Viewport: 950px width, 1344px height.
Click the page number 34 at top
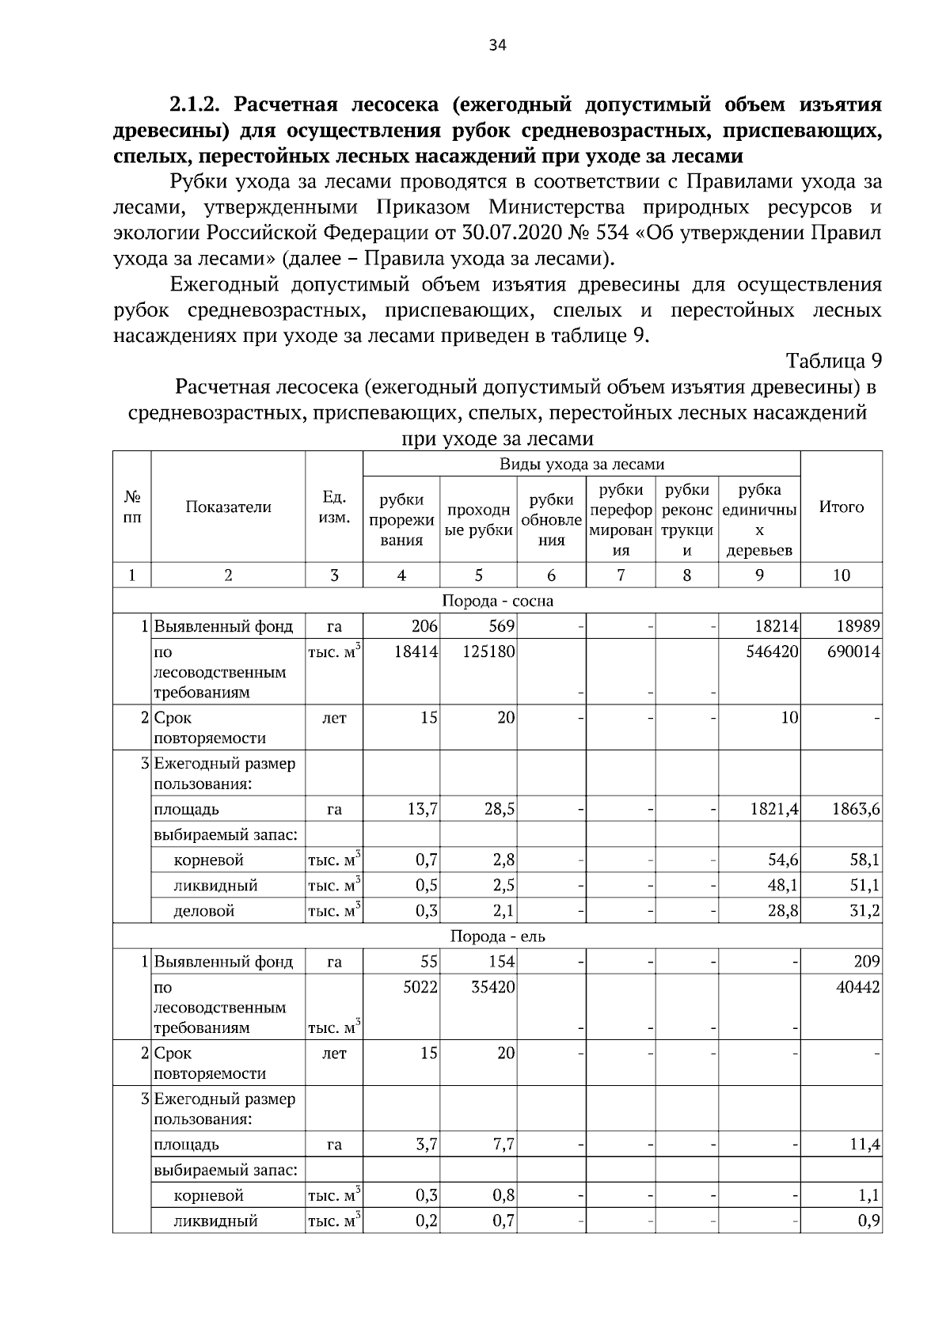click(497, 45)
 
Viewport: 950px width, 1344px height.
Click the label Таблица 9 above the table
click(834, 361)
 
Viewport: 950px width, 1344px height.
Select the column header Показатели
click(228, 507)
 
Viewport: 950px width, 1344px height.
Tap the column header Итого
click(841, 507)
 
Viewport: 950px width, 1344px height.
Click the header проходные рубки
click(478, 520)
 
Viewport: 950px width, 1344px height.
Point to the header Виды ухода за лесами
click(581, 465)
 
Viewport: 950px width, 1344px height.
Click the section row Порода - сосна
click(497, 601)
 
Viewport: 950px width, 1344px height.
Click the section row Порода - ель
click(497, 936)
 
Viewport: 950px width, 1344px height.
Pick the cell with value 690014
click(854, 652)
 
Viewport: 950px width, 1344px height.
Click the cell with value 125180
click(488, 652)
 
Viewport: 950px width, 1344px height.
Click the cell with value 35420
click(493, 987)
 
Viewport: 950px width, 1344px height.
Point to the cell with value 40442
click(858, 987)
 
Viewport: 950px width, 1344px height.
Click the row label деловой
click(204, 911)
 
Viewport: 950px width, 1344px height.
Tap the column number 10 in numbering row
click(841, 575)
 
